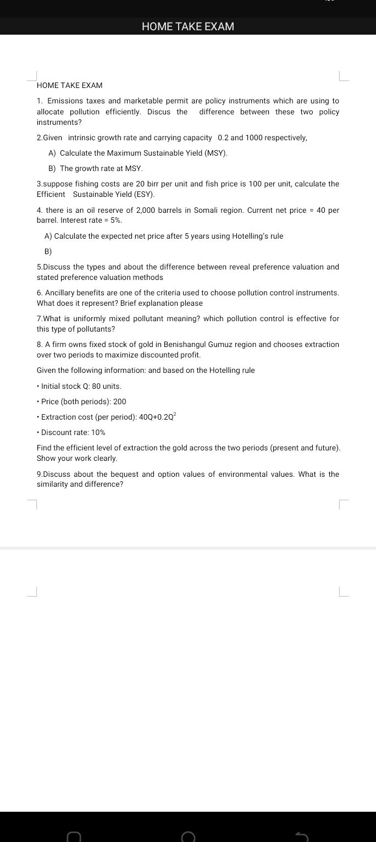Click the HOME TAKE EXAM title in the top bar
pos(187,26)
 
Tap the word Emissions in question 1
pos(65,101)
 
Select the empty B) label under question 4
pos(48,251)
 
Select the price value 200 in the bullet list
pos(119,401)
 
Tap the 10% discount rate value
pos(98,432)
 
